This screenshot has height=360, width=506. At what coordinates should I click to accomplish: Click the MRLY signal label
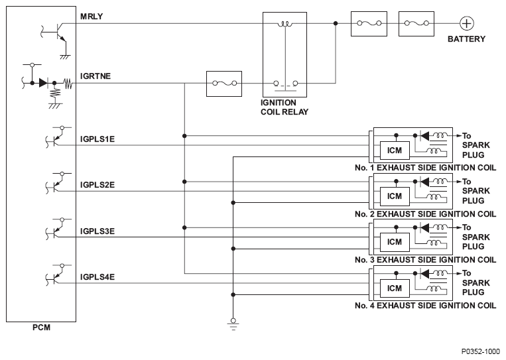click(92, 16)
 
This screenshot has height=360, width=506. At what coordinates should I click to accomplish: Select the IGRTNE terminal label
click(95, 76)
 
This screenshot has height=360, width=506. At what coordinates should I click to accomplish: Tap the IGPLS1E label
click(97, 139)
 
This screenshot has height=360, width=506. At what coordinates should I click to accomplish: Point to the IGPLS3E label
click(97, 231)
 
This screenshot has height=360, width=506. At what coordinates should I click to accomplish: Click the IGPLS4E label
click(97, 277)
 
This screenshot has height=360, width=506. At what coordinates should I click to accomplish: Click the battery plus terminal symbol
click(466, 24)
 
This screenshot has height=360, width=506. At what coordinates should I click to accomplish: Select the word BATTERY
click(466, 39)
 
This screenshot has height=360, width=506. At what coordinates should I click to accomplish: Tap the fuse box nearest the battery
click(416, 24)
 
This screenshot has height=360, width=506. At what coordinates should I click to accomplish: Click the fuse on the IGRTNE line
click(224, 84)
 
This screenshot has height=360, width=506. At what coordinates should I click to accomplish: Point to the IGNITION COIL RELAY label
click(285, 107)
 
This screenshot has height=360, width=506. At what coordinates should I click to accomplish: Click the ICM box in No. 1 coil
click(395, 150)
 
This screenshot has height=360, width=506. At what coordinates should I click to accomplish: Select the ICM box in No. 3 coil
click(395, 242)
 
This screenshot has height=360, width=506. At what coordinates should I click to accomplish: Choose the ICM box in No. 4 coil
click(395, 288)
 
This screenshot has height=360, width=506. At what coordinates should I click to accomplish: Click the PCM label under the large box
click(41, 328)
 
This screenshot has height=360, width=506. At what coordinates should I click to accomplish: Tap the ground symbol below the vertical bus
click(233, 324)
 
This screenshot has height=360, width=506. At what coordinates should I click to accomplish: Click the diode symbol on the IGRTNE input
click(43, 83)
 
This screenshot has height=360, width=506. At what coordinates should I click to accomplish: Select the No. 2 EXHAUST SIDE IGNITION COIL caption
click(425, 214)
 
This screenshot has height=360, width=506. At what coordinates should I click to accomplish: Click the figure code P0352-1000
click(481, 351)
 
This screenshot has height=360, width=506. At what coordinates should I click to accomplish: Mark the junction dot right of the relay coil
click(336, 23)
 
